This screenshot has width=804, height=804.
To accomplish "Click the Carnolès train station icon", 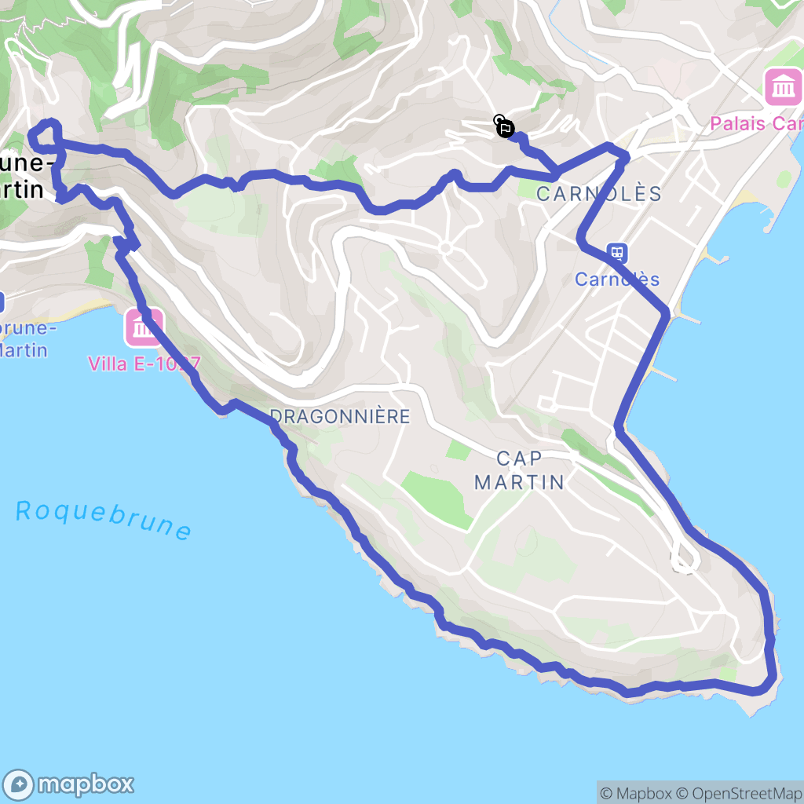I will (x=617, y=253).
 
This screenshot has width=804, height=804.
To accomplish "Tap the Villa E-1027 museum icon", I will (x=144, y=328).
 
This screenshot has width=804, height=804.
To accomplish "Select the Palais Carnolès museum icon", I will (x=783, y=86).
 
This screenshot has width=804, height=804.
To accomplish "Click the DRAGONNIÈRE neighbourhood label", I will (x=339, y=416).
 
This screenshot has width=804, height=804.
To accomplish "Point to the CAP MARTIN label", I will (x=519, y=470).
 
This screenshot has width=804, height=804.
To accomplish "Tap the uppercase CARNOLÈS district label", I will (x=599, y=194).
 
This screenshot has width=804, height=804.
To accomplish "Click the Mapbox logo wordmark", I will (x=86, y=784).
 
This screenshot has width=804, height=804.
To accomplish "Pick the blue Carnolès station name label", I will (x=617, y=280).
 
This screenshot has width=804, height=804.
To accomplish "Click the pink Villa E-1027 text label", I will (x=144, y=364).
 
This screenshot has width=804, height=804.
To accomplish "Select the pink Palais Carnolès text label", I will (x=756, y=124).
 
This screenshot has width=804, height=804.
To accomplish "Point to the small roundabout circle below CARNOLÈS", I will (x=445, y=248).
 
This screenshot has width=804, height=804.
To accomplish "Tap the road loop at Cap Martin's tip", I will (x=685, y=557).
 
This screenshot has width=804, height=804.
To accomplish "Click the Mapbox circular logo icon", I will (x=19, y=784).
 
